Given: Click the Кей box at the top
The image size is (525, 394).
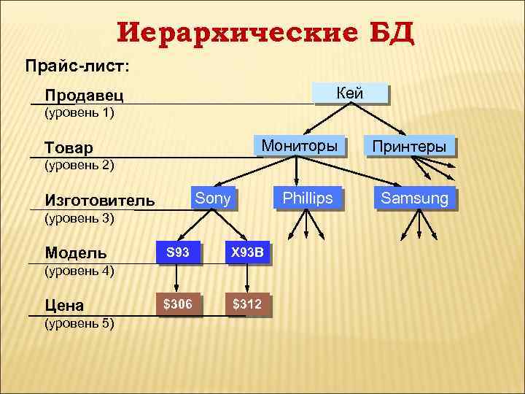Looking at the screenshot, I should point(349,93).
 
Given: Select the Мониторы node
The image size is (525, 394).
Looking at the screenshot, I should point(299,146).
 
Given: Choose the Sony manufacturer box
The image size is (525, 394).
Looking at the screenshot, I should point(213,198).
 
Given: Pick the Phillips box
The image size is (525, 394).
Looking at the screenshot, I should point(307,198).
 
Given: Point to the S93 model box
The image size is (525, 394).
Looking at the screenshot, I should point(178,252).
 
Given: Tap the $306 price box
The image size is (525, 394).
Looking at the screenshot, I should point(178,304).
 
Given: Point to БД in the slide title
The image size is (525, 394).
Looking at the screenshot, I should point(392,33).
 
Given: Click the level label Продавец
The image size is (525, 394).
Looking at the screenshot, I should point(83,96).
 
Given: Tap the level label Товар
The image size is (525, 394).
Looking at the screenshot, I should point(69,148).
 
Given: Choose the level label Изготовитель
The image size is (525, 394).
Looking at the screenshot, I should point(99,200).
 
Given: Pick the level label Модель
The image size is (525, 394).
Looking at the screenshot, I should point(75,253).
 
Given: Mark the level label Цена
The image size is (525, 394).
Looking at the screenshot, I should point(64,305).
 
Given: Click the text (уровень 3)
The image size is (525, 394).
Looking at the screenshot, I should point(79,217).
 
